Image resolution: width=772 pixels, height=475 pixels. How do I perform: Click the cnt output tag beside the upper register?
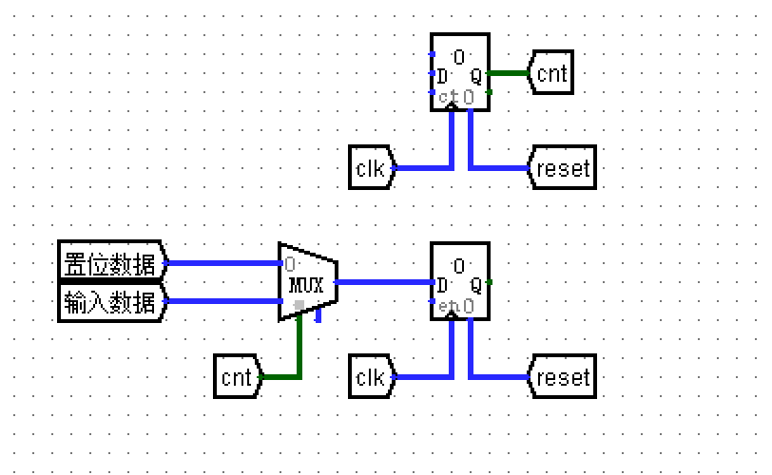click(551, 74)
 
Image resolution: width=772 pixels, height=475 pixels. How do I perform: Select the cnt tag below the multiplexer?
click(237, 377)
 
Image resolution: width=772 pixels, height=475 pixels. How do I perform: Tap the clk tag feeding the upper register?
click(370, 169)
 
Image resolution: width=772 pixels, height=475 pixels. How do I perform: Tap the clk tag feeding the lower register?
click(370, 377)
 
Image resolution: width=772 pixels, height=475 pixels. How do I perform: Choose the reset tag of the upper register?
click(563, 169)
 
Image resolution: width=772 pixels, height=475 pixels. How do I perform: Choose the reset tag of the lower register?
click(563, 377)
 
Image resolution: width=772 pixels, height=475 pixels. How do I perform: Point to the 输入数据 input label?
click(110, 302)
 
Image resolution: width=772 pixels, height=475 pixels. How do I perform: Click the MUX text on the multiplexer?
click(306, 285)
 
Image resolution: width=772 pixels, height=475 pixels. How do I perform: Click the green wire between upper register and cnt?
click(509, 73)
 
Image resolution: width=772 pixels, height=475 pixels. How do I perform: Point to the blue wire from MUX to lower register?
click(385, 282)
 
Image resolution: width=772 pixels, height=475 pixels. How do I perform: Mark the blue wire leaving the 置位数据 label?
click(223, 263)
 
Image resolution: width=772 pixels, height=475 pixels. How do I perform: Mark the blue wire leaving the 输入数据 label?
click(223, 302)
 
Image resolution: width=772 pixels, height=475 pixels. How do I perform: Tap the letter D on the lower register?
click(442, 285)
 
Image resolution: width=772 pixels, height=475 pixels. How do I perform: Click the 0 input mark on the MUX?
click(289, 264)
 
